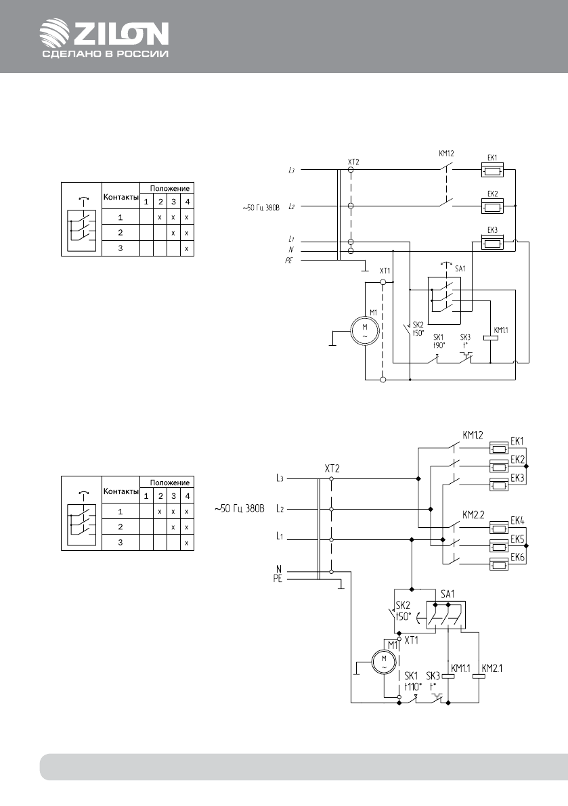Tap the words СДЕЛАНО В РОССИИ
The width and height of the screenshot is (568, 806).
coord(105,55)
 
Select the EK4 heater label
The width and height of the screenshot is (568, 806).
coord(518,520)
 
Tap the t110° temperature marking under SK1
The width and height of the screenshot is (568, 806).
coord(413,685)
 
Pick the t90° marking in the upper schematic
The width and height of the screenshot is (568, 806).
coord(438,345)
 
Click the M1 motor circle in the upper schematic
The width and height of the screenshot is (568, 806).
coord(364,331)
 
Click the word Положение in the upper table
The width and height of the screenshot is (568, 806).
coord(169,187)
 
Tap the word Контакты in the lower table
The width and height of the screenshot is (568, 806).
coord(121,491)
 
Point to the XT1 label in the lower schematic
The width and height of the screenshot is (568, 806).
coord(411,639)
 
